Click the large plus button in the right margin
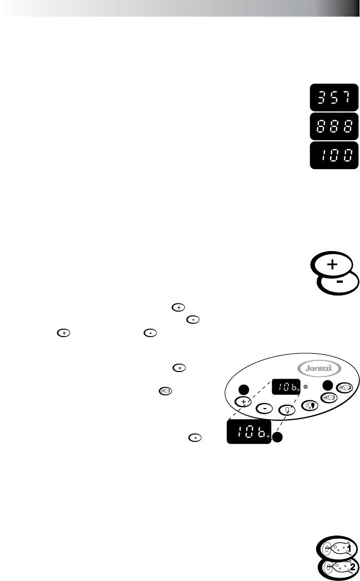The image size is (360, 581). pyautogui.click(x=332, y=265)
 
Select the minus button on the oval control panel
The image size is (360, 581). pyautogui.click(x=265, y=408)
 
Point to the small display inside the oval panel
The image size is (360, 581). pyautogui.click(x=286, y=384)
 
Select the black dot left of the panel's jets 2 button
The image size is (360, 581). pyautogui.click(x=328, y=385)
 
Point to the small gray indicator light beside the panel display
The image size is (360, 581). pyautogui.click(x=306, y=384)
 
